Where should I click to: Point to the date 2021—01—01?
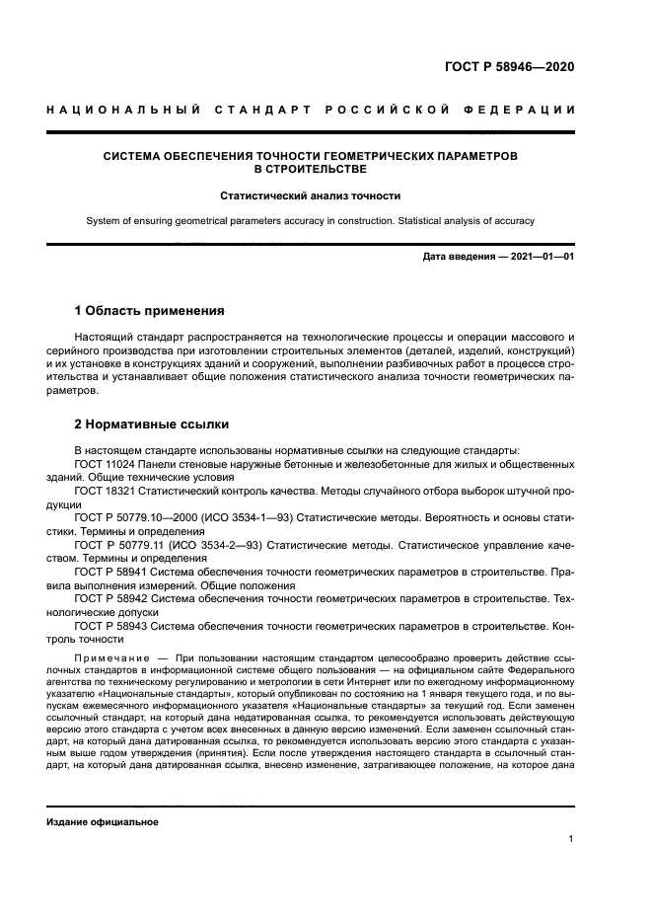[x=543, y=258]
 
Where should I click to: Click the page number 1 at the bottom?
[x=571, y=839]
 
